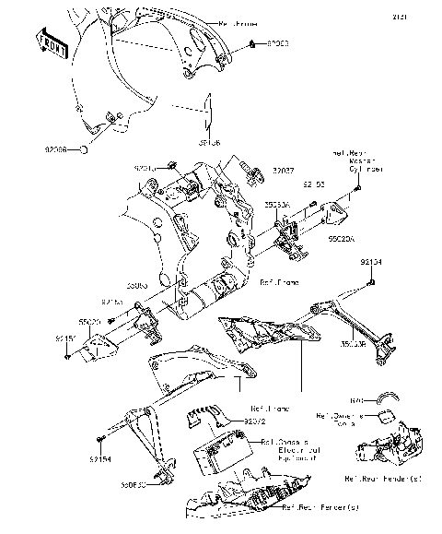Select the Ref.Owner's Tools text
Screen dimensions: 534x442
(341, 421)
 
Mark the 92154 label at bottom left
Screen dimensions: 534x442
(101, 457)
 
